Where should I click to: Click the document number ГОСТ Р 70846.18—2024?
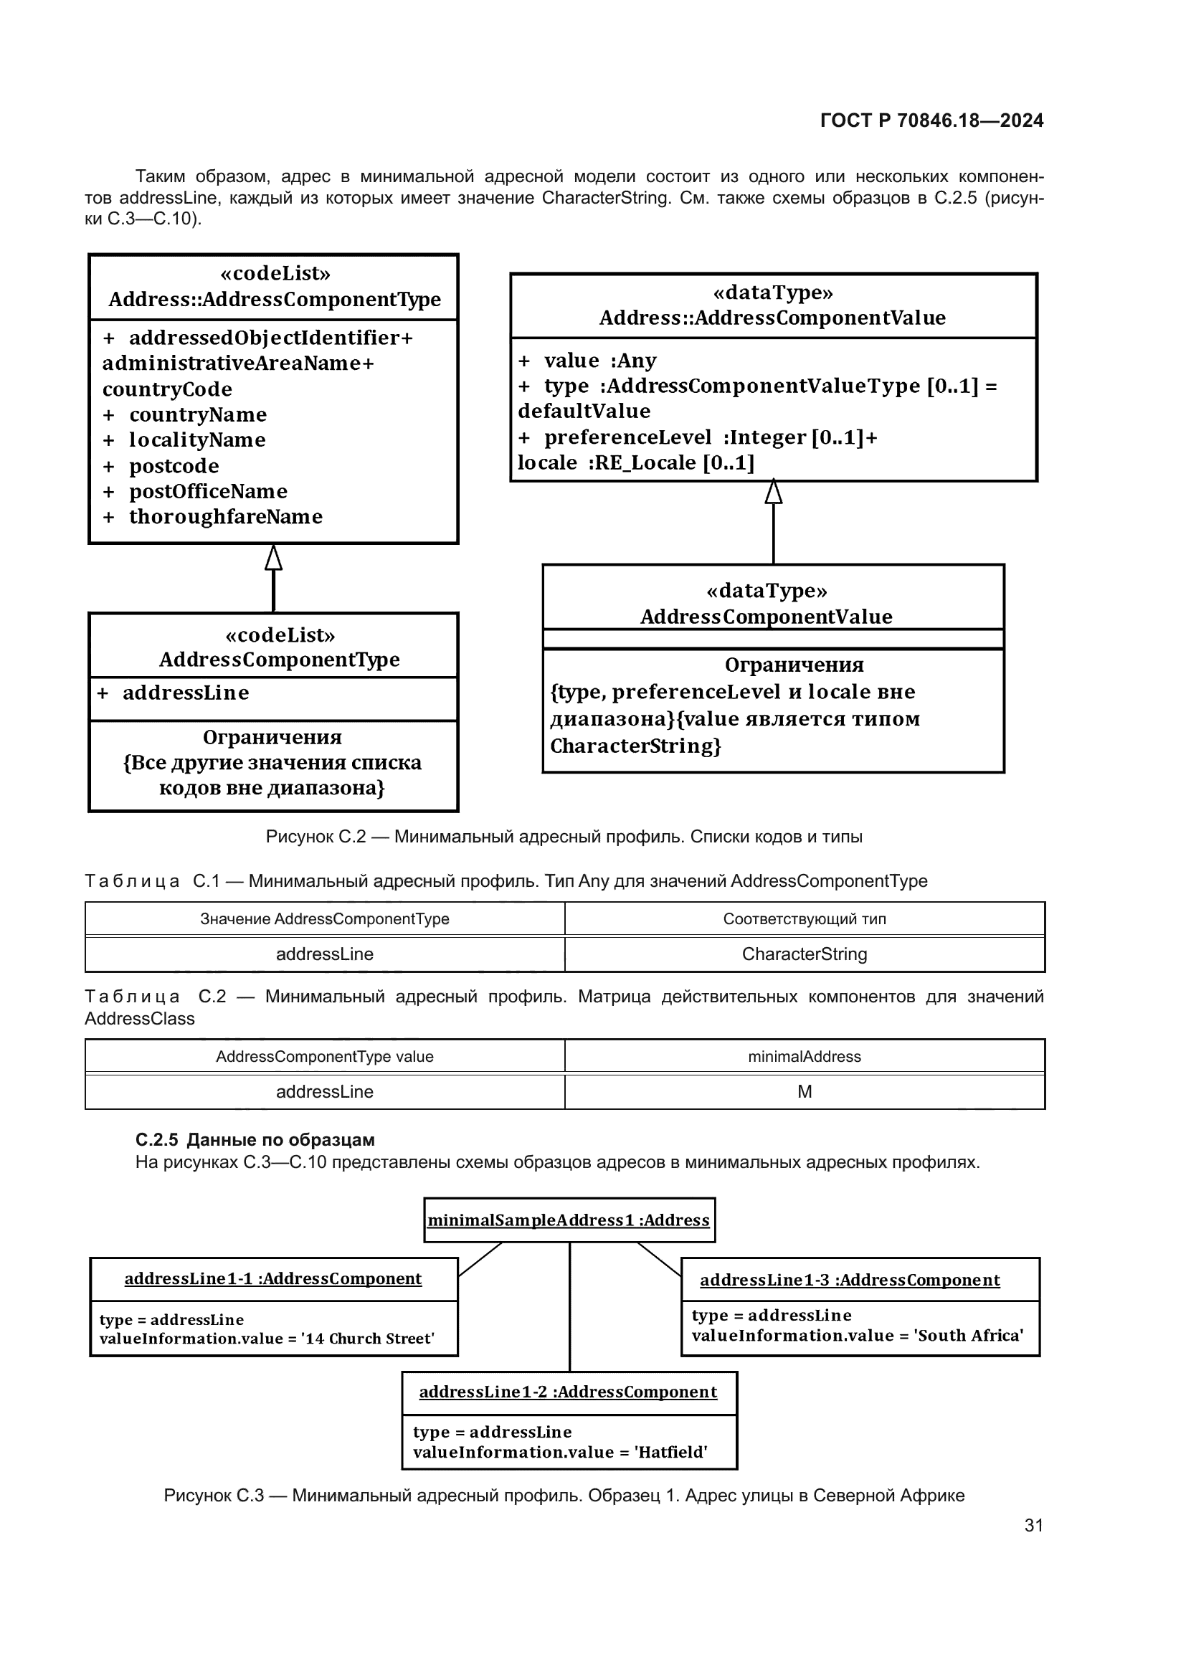[931, 120]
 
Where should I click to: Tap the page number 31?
[1033, 1525]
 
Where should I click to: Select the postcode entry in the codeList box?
[174, 466]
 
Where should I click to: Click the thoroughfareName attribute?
[225, 516]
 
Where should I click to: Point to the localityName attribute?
[197, 440]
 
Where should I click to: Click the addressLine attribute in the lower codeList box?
[186, 693]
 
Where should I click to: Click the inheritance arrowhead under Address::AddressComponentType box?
[273, 558]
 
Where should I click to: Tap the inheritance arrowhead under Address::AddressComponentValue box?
[774, 493]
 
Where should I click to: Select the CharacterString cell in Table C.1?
[804, 954]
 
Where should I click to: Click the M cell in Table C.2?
[804, 1091]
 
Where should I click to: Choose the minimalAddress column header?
[804, 1056]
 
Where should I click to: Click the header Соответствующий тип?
[804, 919]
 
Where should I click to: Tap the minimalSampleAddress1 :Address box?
[569, 1220]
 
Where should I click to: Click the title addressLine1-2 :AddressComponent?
[568, 1392]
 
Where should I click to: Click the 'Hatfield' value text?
[670, 1452]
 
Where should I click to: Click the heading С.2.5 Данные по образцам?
[255, 1139]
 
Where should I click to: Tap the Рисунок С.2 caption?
[564, 836]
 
